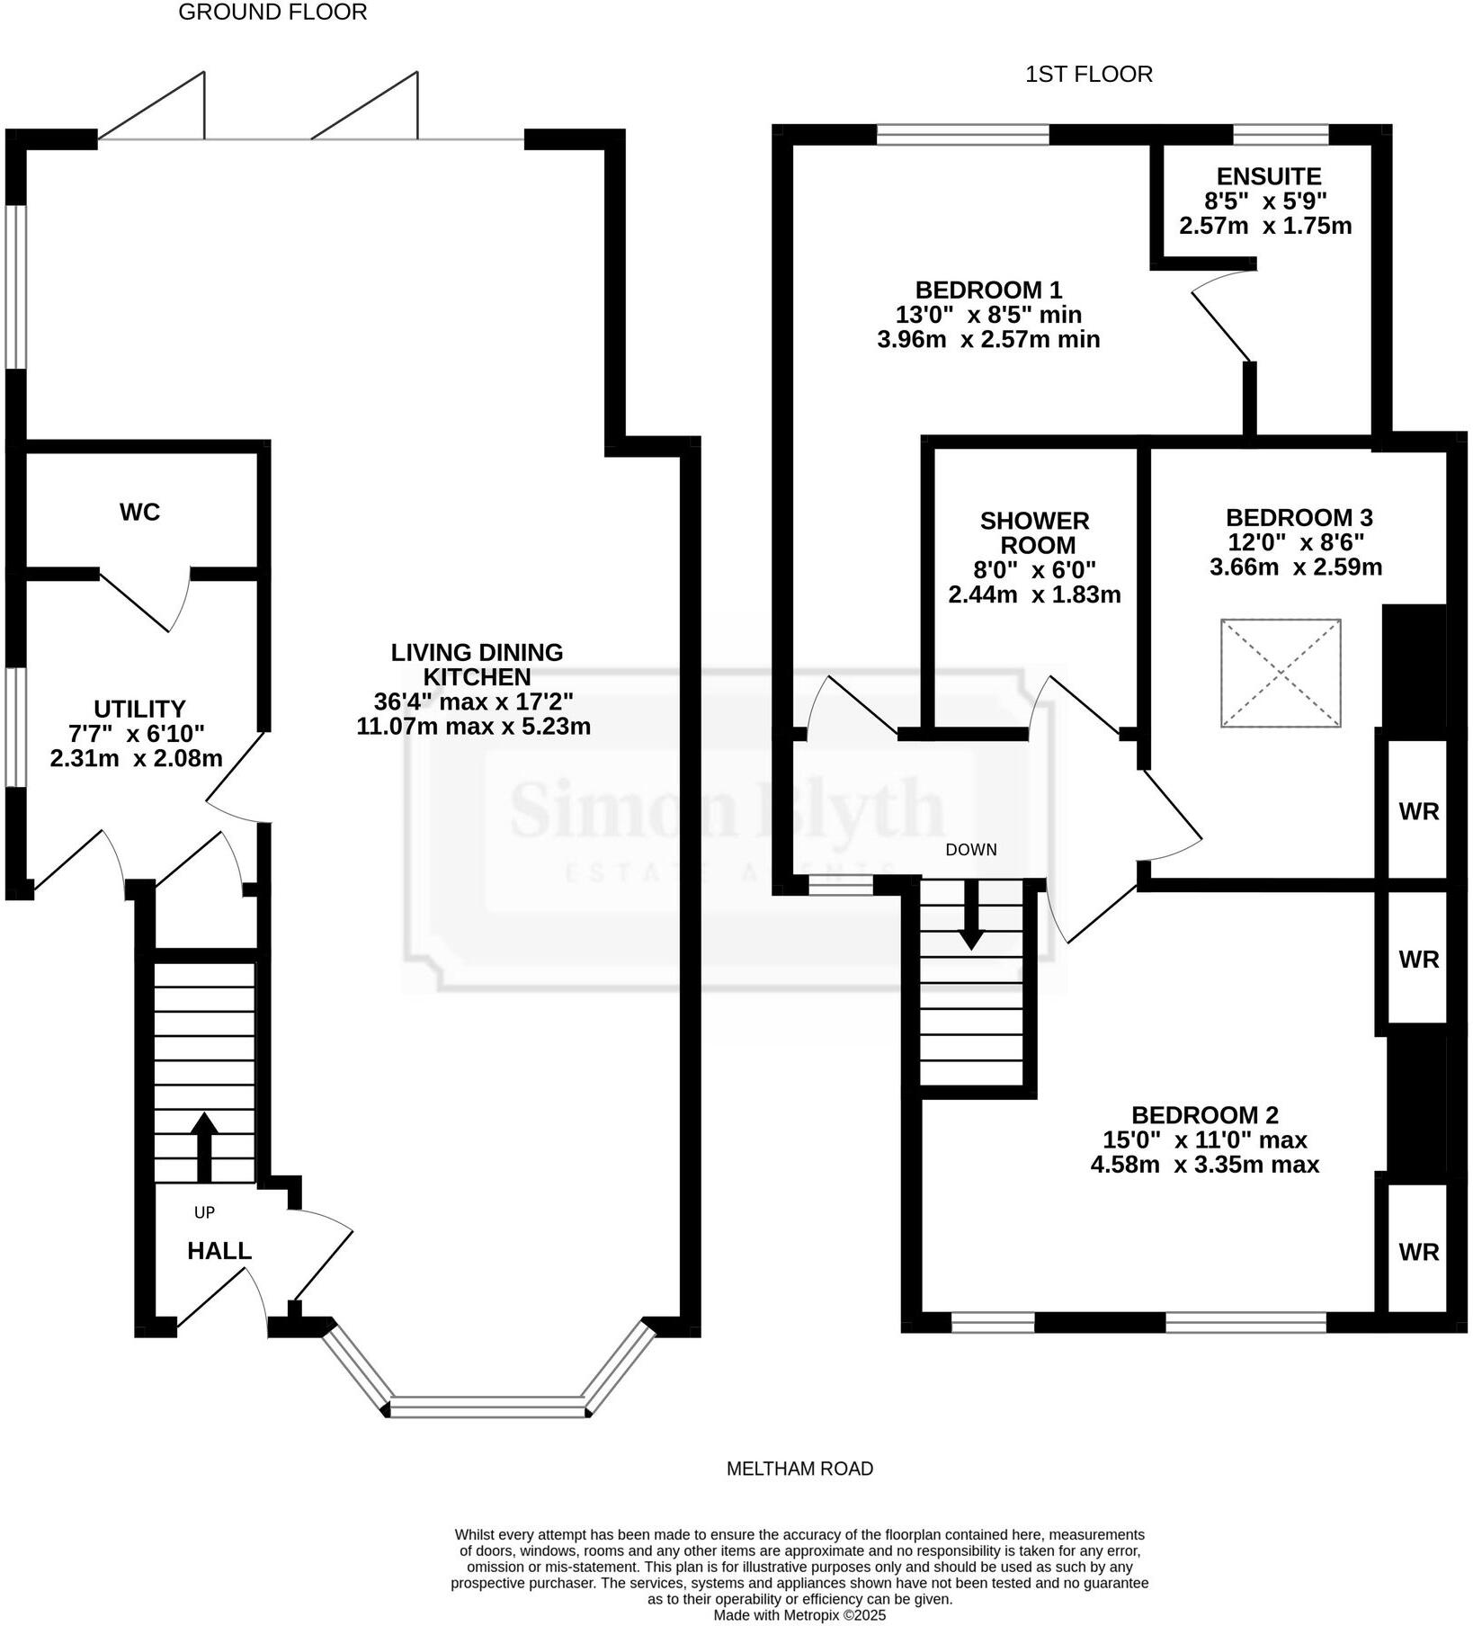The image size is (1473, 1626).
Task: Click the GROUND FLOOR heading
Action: (x=272, y=13)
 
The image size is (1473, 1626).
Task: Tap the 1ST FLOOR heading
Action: (x=1088, y=74)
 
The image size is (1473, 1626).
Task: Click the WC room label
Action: (x=139, y=512)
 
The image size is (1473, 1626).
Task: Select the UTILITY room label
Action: (x=139, y=709)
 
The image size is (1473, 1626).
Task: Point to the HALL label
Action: (x=219, y=1250)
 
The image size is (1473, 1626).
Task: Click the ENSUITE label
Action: (x=1268, y=176)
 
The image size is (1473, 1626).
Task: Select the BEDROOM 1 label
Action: (x=988, y=290)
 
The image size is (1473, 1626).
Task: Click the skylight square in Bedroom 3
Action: (x=1280, y=673)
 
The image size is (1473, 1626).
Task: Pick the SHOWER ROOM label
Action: (x=1034, y=532)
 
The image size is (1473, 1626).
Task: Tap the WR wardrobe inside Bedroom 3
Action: (x=1418, y=811)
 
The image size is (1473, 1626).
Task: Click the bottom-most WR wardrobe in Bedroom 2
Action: (x=1418, y=1251)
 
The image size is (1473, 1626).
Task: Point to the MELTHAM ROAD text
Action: (x=799, y=1469)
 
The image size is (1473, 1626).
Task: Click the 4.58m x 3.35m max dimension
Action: (x=1204, y=1165)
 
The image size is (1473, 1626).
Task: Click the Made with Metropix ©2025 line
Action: (x=799, y=1615)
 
